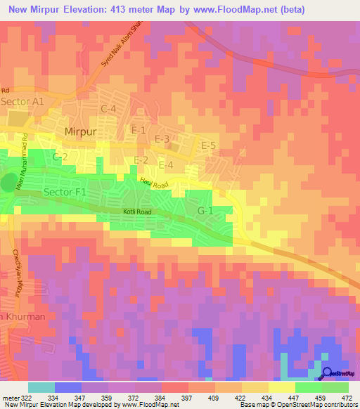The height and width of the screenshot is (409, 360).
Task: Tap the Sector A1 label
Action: (x=23, y=101)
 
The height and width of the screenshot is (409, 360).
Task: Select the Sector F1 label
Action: (x=64, y=191)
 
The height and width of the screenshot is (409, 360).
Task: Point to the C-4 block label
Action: (x=108, y=108)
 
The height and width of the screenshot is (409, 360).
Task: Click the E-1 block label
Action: (x=139, y=130)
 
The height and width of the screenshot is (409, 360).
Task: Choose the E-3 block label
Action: (x=162, y=139)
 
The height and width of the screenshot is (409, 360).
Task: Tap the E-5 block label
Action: (x=209, y=145)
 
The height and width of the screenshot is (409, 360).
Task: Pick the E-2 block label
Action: (x=141, y=160)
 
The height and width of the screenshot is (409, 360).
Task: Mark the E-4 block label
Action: (x=166, y=164)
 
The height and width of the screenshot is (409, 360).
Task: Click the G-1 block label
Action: (x=205, y=211)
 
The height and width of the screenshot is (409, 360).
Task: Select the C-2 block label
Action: (x=60, y=157)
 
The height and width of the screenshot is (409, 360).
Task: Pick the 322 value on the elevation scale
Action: (x=26, y=398)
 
